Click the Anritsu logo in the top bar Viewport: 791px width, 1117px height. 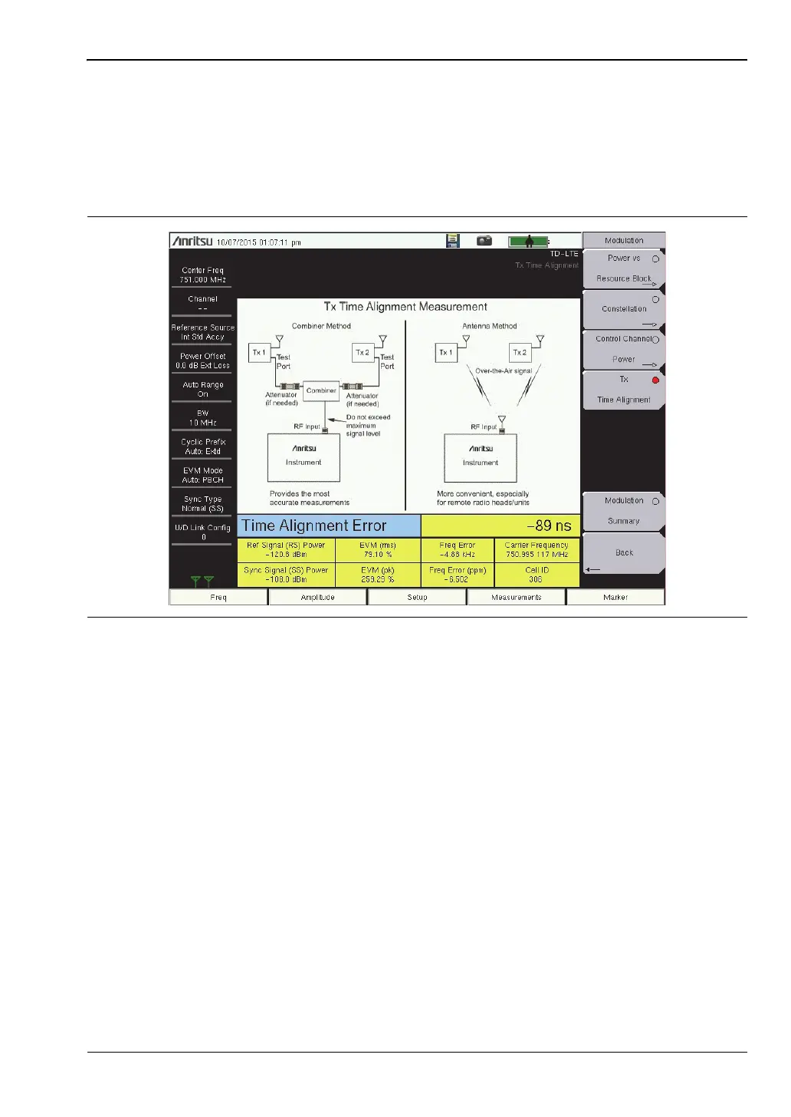pos(192,242)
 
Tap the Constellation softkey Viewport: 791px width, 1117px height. pos(624,309)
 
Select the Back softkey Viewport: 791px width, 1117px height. pos(624,552)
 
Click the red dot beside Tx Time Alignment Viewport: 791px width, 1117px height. pos(655,381)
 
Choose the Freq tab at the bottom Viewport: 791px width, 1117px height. pos(218,597)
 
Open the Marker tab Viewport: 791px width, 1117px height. pos(615,597)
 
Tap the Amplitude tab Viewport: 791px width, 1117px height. pos(318,597)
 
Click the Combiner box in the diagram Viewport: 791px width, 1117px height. pos(321,390)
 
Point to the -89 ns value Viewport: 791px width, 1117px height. pos(549,526)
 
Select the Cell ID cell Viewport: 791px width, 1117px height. pos(537,575)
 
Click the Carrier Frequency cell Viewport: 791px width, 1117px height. pos(537,549)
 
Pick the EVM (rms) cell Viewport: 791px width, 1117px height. pos(378,549)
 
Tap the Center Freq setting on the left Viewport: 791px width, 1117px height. pos(202,275)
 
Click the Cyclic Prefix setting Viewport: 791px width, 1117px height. pos(202,446)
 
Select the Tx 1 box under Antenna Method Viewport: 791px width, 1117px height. pos(445,352)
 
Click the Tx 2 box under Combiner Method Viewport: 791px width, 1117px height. pos(363,352)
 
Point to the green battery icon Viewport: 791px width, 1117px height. pos(528,242)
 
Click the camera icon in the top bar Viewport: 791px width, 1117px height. pos(484,241)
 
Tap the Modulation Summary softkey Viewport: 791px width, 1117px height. pos(624,511)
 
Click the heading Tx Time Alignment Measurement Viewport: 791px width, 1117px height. pos(405,307)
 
